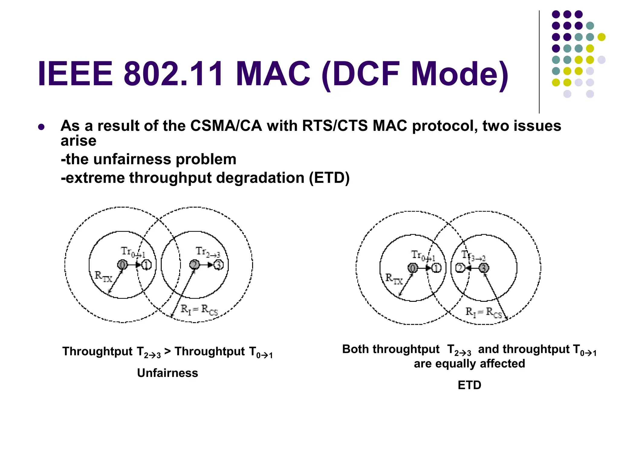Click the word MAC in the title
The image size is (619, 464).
coord(273,74)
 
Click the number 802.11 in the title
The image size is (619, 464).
coord(173,74)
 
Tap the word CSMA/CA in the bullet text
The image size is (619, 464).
coord(226,126)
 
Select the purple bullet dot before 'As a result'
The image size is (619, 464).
coord(41,127)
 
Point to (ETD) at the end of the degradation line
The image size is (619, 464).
coord(329,178)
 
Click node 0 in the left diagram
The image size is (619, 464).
coord(122,265)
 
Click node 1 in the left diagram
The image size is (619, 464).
coord(147,265)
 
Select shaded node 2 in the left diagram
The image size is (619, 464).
coord(194,265)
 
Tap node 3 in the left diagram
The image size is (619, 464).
coord(219,265)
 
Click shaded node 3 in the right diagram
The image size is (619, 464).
coord(484,268)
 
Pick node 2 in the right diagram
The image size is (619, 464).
coord(460,268)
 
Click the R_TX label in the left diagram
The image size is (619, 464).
coord(103,276)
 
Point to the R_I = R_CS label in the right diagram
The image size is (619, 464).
coord(483,313)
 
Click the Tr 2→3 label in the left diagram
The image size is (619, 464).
coord(208,252)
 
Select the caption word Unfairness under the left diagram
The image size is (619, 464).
coord(167,373)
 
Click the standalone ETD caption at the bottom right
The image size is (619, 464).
coord(469,385)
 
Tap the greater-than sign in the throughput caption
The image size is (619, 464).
coord(167,351)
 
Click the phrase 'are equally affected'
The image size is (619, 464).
coord(469,364)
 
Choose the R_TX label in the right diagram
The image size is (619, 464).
coord(394,279)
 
